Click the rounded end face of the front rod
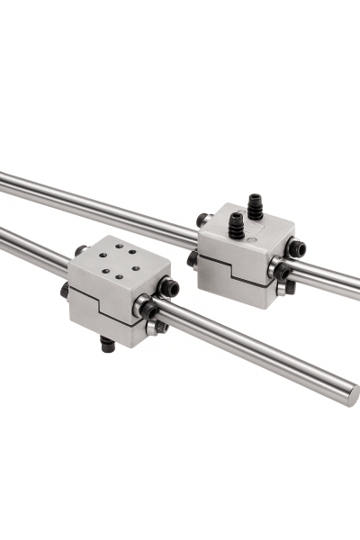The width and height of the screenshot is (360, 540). [x=352, y=393]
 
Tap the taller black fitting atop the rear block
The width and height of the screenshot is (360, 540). [x=255, y=204]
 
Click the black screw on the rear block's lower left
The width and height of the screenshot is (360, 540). [x=192, y=259]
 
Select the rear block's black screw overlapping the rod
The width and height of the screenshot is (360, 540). [x=281, y=270]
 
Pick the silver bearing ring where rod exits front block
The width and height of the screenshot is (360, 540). [x=140, y=307]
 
